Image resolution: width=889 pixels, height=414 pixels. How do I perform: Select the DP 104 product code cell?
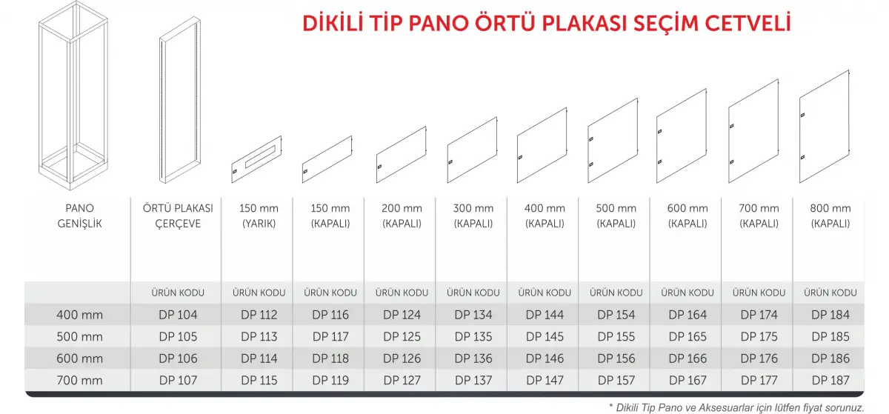click(179, 315)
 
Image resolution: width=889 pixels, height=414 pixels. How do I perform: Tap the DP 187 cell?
click(830, 381)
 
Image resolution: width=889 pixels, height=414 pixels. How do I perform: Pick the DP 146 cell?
click(545, 358)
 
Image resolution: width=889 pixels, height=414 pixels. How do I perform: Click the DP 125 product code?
click(402, 337)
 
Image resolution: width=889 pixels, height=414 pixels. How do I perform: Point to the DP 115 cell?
click(259, 381)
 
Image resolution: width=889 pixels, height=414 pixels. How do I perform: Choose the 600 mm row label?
click(79, 358)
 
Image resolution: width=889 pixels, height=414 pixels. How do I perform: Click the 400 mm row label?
click(79, 315)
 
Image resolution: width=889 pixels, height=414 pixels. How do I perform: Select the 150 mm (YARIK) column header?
click(259, 216)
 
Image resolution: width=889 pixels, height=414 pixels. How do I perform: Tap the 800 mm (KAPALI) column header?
click(830, 216)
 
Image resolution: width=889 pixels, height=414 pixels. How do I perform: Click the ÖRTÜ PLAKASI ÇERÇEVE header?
click(178, 216)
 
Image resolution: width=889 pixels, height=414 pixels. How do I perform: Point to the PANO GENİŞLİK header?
click(79, 216)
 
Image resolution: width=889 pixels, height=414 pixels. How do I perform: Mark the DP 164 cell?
click(687, 315)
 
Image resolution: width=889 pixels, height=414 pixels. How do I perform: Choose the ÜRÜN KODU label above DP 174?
click(759, 293)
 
